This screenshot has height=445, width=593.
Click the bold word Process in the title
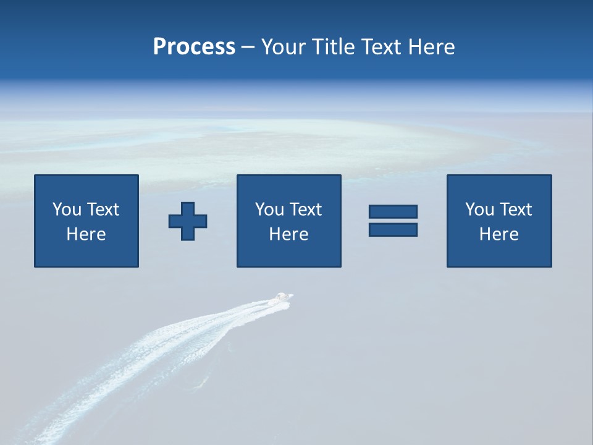[194, 47]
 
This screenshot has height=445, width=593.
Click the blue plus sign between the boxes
[188, 221]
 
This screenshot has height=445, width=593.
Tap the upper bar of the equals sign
[393, 212]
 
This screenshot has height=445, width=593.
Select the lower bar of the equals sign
[393, 230]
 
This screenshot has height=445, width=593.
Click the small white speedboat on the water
[284, 297]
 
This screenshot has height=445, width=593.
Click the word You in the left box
[66, 210]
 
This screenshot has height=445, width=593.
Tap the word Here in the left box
[86, 234]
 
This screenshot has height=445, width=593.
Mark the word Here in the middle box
[288, 234]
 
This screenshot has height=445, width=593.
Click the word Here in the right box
[498, 234]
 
